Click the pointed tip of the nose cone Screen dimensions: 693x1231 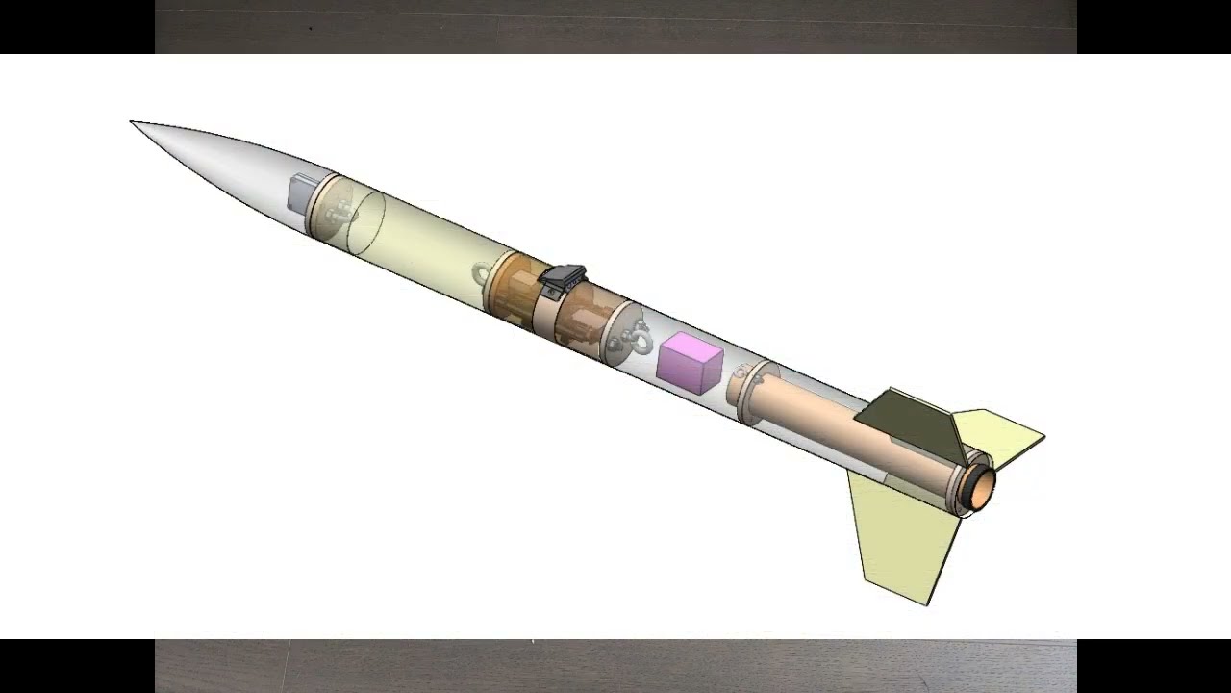click(x=133, y=122)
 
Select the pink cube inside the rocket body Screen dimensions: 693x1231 click(x=690, y=363)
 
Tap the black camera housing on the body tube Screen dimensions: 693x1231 click(x=564, y=281)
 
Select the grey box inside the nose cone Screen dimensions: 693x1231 click(x=303, y=192)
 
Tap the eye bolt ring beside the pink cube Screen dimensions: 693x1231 click(x=638, y=339)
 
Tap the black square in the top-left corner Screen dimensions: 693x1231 click(x=77, y=27)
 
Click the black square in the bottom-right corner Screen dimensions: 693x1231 click(x=1154, y=666)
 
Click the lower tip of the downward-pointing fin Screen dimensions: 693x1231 click(x=926, y=603)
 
